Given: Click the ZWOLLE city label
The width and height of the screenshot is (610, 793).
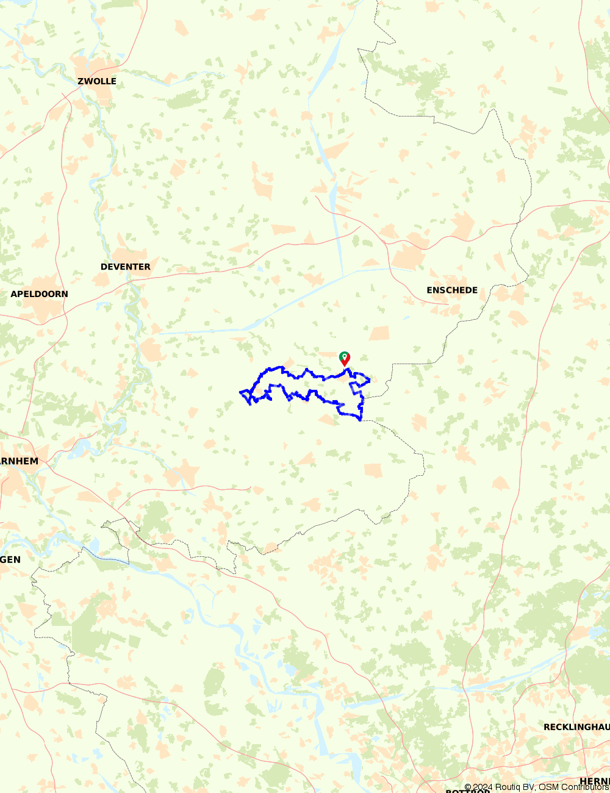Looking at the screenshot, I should pyautogui.click(x=96, y=81).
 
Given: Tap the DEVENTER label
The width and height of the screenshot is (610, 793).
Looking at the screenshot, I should pyautogui.click(x=125, y=267).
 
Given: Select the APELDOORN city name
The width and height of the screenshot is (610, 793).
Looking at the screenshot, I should pyautogui.click(x=39, y=294).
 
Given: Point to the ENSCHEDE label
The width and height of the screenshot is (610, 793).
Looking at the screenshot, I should pyautogui.click(x=452, y=290).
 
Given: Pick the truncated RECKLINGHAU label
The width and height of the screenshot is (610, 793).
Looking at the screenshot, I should pyautogui.click(x=576, y=727).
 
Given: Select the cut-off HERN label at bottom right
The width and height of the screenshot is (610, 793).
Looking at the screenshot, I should pyautogui.click(x=594, y=781).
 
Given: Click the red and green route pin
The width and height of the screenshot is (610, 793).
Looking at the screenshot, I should pyautogui.click(x=345, y=358).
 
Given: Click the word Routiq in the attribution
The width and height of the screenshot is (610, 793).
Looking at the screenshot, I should pyautogui.click(x=509, y=788).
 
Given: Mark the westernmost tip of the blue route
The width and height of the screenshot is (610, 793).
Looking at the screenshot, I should pyautogui.click(x=240, y=392).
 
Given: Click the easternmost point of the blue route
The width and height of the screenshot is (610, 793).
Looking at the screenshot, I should pyautogui.click(x=370, y=381).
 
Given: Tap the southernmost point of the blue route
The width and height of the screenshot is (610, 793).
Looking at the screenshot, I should pyautogui.click(x=361, y=420).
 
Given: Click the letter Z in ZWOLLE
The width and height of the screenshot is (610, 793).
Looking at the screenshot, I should pyautogui.click(x=81, y=81).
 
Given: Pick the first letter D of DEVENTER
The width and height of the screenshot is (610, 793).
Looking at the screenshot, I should pyautogui.click(x=104, y=267).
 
